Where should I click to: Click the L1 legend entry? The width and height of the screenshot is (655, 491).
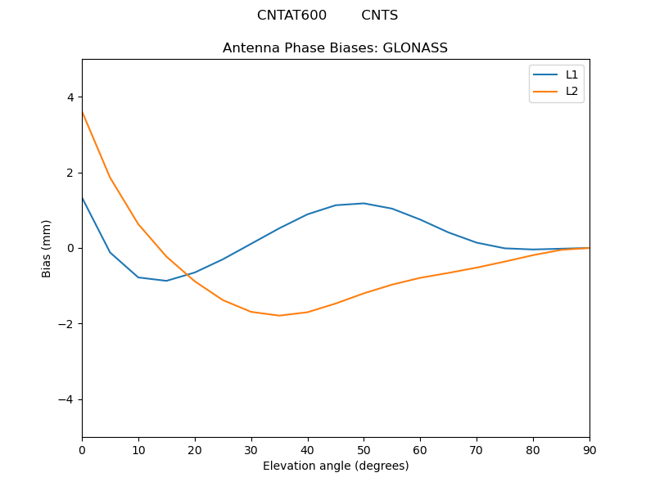point(571,74)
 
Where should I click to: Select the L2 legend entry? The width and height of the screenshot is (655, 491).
point(571,91)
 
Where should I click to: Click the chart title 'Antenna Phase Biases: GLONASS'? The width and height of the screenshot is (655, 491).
point(335,48)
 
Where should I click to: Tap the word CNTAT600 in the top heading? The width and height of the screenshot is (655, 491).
point(291,16)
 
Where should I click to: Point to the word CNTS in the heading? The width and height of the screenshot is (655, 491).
point(379,16)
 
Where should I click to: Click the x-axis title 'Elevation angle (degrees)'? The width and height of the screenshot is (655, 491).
point(336,466)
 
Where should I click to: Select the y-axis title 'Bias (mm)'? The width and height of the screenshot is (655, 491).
point(47,248)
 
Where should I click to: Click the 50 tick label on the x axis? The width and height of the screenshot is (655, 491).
point(364,449)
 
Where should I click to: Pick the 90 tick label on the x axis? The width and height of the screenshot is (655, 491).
point(589,449)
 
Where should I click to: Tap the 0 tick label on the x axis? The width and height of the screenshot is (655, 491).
point(82,449)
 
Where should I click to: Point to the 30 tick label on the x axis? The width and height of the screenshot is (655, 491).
point(251,449)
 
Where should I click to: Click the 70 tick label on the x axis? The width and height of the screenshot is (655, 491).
point(477,449)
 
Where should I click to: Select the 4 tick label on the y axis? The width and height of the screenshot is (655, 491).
point(70,97)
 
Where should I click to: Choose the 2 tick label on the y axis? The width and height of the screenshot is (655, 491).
point(70,173)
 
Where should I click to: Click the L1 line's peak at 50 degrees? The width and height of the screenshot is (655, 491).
point(364,203)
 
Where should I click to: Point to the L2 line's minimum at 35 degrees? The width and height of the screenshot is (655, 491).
point(279,316)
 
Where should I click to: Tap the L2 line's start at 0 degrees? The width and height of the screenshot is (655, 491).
point(82,111)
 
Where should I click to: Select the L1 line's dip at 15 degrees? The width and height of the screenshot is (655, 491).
point(166,281)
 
